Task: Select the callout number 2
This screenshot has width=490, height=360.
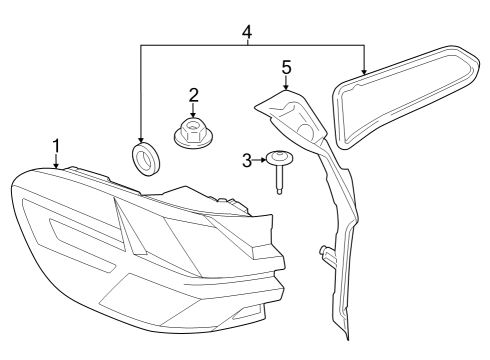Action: coord(193,95)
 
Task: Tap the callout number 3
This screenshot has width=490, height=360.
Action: coord(247,158)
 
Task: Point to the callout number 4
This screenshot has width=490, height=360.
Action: coord(246,31)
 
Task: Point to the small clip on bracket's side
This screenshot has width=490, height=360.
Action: coord(322,252)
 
